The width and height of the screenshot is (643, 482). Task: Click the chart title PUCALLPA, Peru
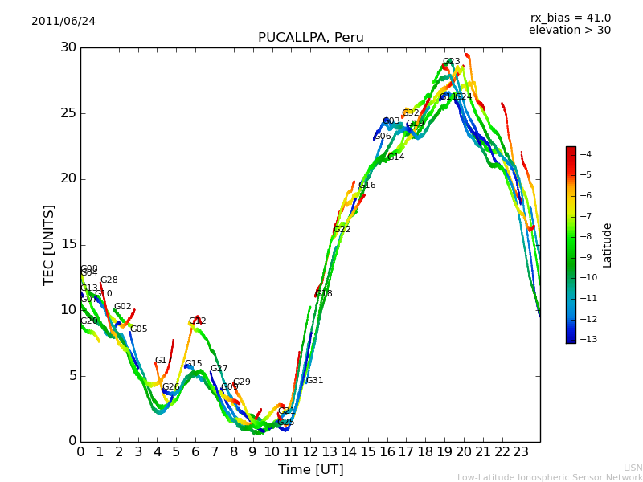coord(310,38)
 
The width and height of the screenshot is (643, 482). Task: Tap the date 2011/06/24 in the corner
coord(63,22)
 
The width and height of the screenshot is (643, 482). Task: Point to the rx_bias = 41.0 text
coord(570,18)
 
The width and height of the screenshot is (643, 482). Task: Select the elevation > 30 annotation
coord(569,31)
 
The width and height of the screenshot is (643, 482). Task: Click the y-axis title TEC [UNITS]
coord(49,244)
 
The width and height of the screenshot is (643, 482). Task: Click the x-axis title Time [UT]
coord(310,469)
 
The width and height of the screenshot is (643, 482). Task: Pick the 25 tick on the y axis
coord(68,113)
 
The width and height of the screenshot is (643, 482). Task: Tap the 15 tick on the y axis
coord(68,244)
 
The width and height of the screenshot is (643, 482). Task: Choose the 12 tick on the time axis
coord(310,451)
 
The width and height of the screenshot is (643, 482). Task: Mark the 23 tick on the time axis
coord(521,451)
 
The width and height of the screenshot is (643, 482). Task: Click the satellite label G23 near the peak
coord(451,62)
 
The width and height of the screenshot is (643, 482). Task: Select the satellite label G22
coord(342,230)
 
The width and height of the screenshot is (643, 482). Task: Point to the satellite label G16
coord(367,186)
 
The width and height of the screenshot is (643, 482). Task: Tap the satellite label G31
coord(314,381)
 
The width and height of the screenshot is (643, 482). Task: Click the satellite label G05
coord(138,329)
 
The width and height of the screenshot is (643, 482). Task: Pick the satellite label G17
coord(163,361)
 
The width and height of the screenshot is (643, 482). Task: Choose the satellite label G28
coord(109,280)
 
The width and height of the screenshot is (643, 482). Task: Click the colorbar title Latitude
coord(608,244)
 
